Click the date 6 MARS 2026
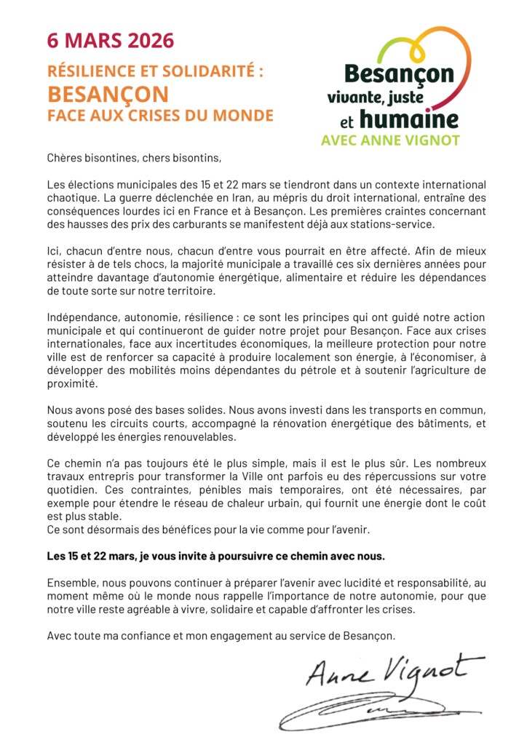pos(111,41)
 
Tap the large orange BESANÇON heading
pos(108,94)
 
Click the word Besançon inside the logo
pos(399,73)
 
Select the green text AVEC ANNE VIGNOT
pos(390,141)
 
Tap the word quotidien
pos(74,488)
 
